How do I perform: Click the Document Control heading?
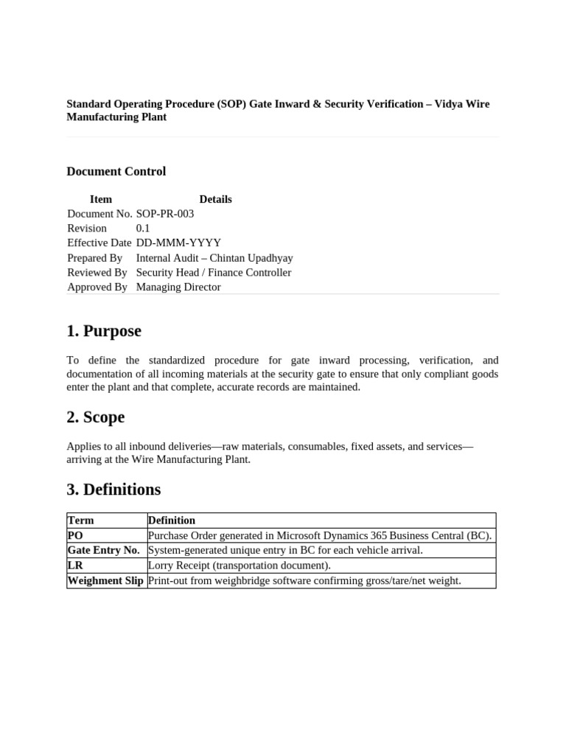coord(116,172)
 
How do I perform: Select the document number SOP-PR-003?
coord(165,214)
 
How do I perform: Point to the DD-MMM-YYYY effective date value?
coord(178,243)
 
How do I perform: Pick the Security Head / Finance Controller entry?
coord(214,273)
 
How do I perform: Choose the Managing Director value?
coord(178,288)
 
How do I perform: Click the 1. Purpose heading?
coord(104,332)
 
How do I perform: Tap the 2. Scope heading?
coord(96,417)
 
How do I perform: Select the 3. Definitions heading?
coord(113,490)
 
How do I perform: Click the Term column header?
coord(81,521)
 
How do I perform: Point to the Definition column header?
coord(172,521)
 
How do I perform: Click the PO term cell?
coord(75,535)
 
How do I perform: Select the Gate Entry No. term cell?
coord(104,551)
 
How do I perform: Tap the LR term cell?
coord(75,566)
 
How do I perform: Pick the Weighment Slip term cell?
coord(105,581)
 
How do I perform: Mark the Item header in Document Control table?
coord(101,199)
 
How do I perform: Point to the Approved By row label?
coord(97,288)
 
